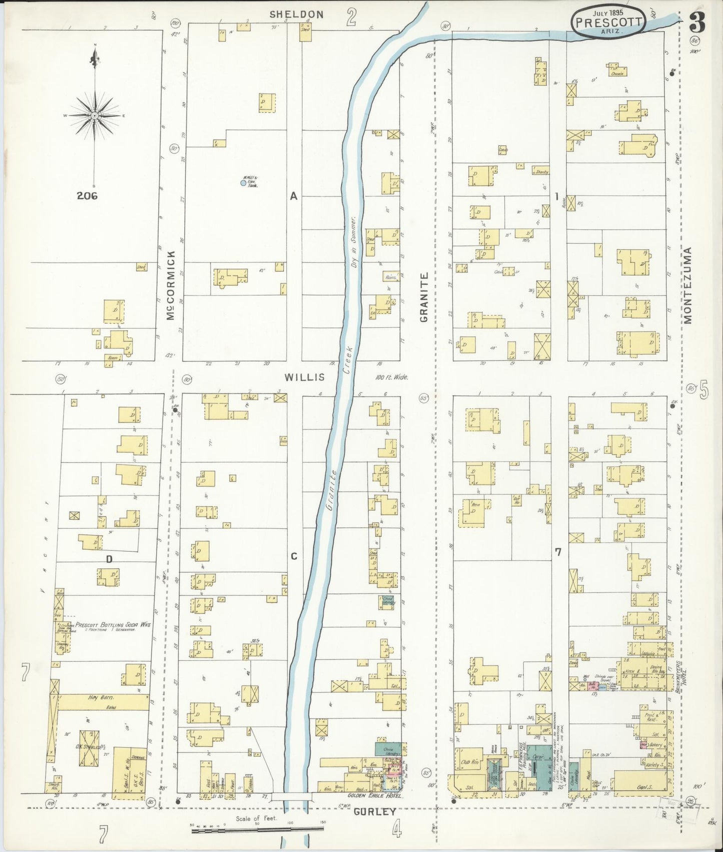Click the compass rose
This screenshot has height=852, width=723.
coord(95,115)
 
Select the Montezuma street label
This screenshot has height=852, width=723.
coord(687,285)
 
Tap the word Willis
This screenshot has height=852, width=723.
coord(305,377)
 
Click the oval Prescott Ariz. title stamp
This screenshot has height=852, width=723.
coord(607,22)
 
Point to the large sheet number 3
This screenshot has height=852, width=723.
coord(697,22)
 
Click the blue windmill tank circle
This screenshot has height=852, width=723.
coord(243,183)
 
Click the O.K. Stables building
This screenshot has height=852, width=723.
coord(89,748)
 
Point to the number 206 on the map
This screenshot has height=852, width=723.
coord(87,196)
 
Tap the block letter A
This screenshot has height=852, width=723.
coord(294,196)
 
